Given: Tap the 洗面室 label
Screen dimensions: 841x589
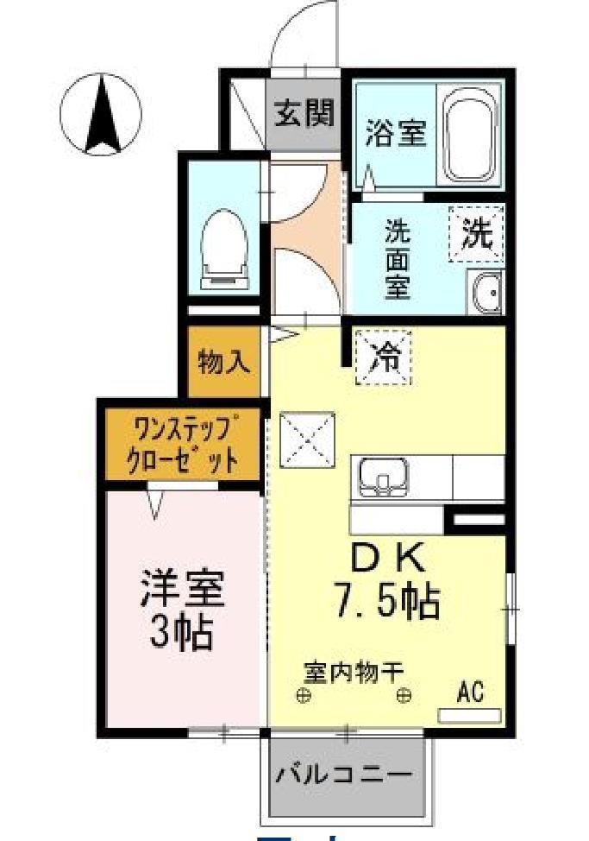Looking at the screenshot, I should (x=397, y=259).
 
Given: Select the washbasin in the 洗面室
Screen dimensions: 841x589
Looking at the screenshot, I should (x=485, y=291).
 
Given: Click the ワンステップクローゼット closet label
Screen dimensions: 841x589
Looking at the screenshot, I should (x=183, y=444).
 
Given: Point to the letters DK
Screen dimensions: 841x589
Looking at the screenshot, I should (x=386, y=560).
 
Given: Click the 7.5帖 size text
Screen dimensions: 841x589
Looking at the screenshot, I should (x=387, y=601).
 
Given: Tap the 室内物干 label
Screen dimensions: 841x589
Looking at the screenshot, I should (x=354, y=670).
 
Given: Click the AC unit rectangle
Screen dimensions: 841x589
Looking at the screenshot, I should (x=470, y=715).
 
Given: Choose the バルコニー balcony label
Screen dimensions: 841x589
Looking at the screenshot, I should (x=343, y=775).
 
